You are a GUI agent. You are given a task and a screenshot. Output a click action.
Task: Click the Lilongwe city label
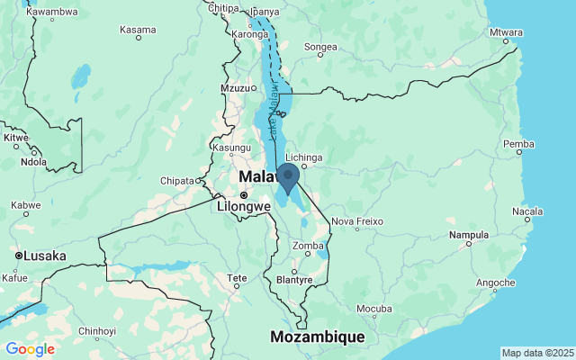tap(244, 206)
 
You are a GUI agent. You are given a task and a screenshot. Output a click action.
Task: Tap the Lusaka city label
tap(45, 256)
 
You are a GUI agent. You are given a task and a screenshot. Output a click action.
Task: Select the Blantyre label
tap(294, 279)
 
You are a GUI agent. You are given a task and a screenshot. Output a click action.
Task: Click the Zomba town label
tap(308, 246)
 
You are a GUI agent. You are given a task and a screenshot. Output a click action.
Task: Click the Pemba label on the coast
tap(518, 144)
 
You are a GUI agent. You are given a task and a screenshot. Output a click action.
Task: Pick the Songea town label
tap(320, 47)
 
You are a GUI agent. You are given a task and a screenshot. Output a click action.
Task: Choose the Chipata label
tap(177, 181)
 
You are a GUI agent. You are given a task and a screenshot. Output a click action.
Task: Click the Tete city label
tap(237, 278)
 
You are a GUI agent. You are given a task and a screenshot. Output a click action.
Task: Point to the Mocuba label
tap(373, 309)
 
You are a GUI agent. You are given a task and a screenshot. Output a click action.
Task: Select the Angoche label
tap(496, 283)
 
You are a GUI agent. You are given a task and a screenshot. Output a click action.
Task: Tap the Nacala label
tap(526, 211)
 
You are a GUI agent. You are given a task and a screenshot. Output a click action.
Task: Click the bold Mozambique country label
tap(318, 337)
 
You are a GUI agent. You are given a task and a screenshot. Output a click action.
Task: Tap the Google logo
tap(30, 349)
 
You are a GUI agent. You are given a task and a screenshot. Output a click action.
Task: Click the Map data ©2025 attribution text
tap(537, 353)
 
